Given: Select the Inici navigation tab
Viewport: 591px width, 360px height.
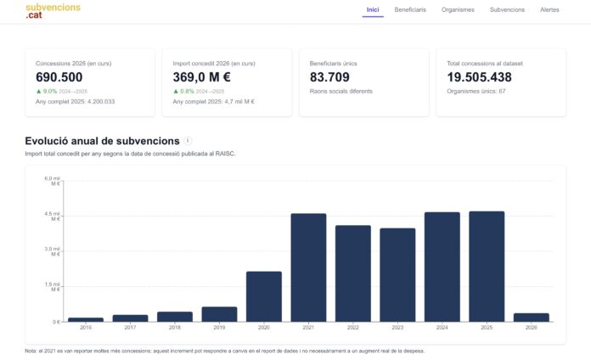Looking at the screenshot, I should [373, 10].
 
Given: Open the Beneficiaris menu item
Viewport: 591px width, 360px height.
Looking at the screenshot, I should [410, 10].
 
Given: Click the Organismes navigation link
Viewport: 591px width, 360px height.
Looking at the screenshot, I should [458, 10].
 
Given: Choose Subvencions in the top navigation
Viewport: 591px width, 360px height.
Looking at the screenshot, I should [507, 10].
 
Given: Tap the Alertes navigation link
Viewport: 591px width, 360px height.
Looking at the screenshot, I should [549, 10].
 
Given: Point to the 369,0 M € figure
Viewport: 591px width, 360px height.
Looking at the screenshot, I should [201, 77].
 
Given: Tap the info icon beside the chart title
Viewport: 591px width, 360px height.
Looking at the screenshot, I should [188, 141].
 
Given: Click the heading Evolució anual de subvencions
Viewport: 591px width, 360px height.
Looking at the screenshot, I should [102, 141].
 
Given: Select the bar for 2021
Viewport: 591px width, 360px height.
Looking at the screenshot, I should [308, 267].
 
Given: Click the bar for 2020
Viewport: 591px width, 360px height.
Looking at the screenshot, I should [263, 296].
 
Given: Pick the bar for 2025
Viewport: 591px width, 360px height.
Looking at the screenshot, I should [487, 267].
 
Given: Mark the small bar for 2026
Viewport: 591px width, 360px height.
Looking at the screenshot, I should [531, 318].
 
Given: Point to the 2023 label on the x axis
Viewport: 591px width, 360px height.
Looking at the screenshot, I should [397, 328].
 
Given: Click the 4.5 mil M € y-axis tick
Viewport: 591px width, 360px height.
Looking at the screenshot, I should [52, 216].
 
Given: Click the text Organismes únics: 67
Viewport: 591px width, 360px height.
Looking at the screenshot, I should [476, 91].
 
